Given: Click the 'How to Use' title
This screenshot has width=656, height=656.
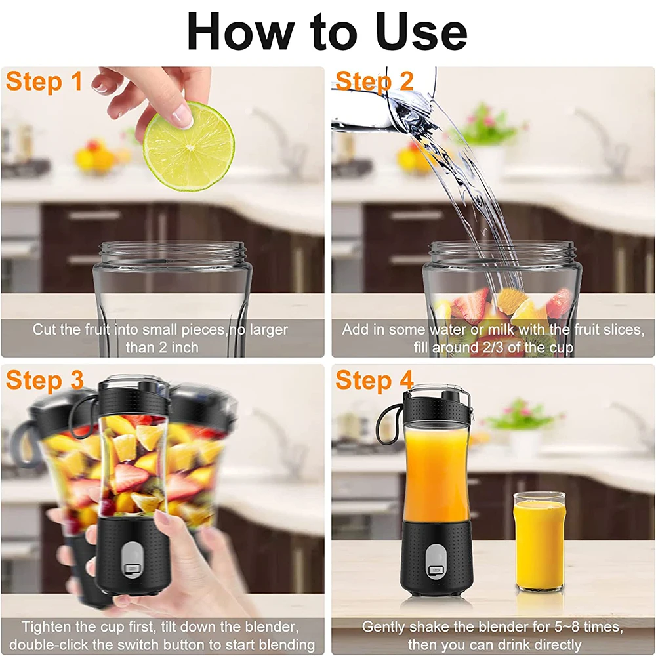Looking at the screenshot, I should (x=327, y=31).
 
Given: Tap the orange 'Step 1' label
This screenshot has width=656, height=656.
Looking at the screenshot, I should (x=45, y=82).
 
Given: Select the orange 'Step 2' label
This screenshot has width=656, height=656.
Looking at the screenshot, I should (x=375, y=82).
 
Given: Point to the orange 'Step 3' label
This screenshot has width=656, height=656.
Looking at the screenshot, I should (x=45, y=380).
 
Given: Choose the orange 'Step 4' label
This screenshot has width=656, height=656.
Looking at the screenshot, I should (x=375, y=380).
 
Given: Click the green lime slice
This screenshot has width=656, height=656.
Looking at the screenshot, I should (x=189, y=146).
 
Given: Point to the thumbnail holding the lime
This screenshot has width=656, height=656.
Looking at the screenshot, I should (x=182, y=116).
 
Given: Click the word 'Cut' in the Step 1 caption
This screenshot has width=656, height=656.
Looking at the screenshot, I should (x=45, y=329).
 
